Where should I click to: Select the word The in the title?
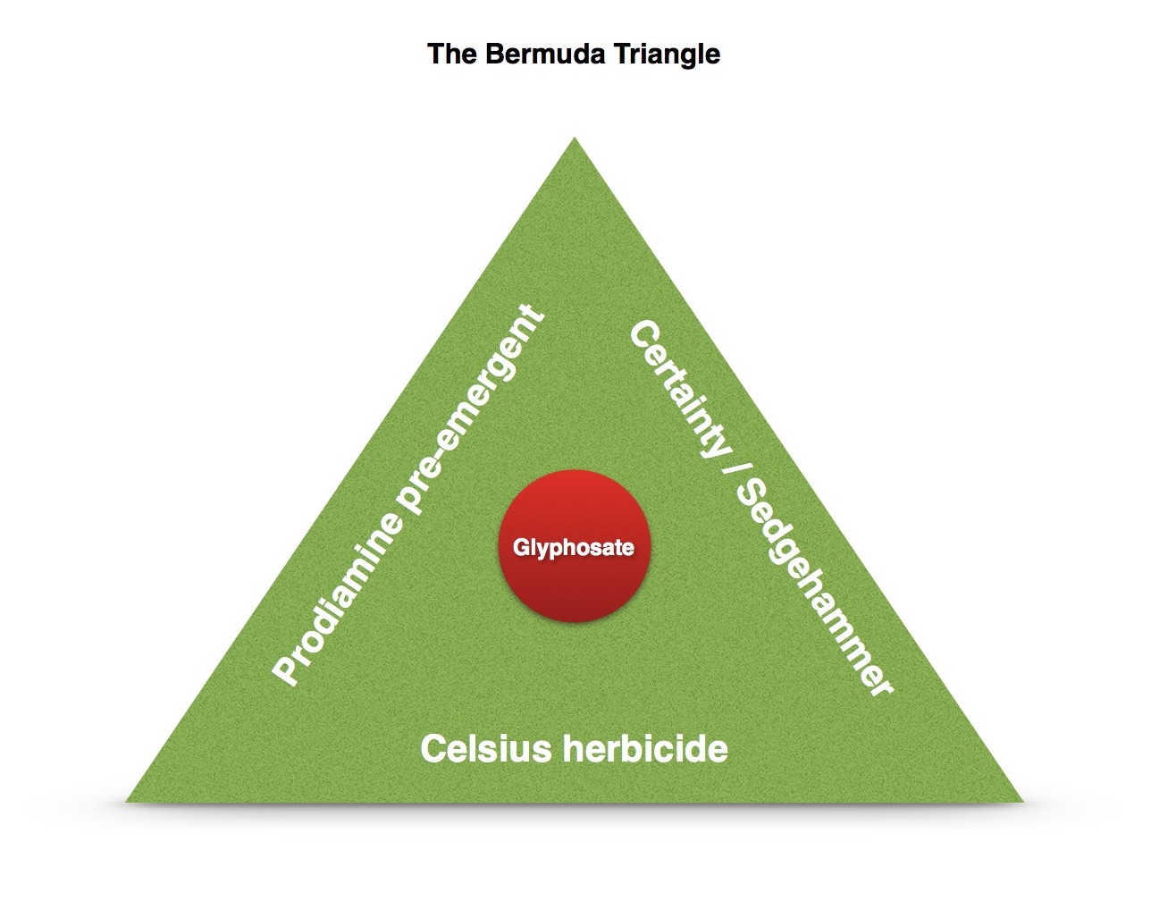[x=449, y=54]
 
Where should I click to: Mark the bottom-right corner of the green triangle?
[x=1021, y=800]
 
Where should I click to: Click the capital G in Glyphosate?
[x=520, y=547]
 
